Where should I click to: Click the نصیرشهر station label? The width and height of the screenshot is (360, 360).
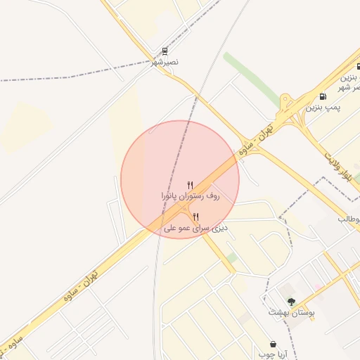coord(165,63)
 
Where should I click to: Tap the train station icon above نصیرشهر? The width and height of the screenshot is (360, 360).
coord(165,51)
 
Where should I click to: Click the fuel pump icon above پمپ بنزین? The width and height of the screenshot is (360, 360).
coord(323,96)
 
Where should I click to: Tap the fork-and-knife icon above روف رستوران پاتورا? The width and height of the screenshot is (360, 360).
coord(190,185)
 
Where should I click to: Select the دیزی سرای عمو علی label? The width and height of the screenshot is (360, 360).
coord(193,228)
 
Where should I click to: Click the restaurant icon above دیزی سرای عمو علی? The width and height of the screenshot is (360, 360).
coord(195,217)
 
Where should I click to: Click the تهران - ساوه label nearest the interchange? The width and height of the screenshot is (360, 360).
coord(255,140)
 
